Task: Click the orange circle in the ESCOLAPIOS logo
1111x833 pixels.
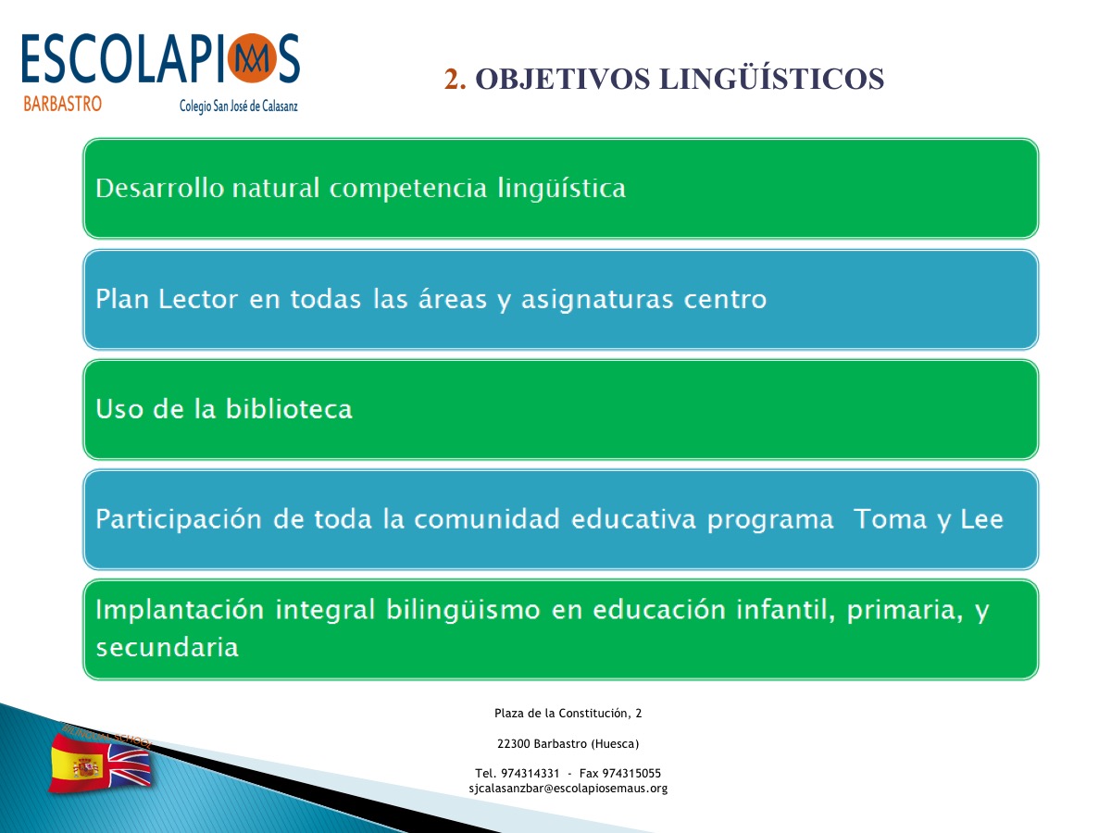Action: [x=252, y=58]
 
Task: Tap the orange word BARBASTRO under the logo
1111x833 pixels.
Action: [x=62, y=105]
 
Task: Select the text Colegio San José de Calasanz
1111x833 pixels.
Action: [x=238, y=106]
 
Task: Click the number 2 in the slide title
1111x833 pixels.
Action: [x=454, y=79]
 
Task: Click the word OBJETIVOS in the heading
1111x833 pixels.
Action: [x=562, y=80]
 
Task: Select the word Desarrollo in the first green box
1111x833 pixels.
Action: [x=159, y=188]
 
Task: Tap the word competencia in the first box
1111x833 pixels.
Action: [x=408, y=189]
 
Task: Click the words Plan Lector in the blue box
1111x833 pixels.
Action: [x=167, y=298]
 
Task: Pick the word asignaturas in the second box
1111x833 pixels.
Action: [x=597, y=300]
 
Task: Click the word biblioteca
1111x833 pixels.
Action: [x=289, y=409]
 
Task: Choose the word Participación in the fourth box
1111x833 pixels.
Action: [x=179, y=520]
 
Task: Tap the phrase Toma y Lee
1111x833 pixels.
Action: [x=929, y=520]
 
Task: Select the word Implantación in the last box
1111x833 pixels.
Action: [x=180, y=610]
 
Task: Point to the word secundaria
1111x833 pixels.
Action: [x=167, y=647]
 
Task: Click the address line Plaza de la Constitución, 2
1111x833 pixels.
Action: [x=568, y=713]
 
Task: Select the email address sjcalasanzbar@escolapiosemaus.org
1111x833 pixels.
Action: [x=568, y=788]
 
